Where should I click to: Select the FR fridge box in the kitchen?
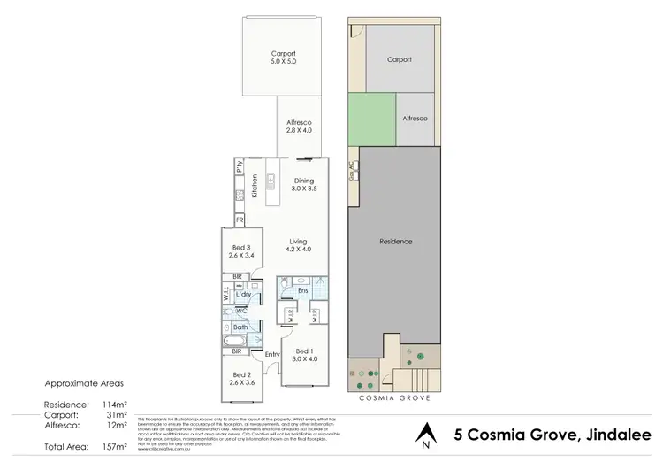(239, 220)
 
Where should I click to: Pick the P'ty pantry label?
(239, 167)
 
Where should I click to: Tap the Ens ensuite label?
(301, 289)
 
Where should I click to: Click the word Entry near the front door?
(271, 354)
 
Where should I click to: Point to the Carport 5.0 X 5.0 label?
(285, 58)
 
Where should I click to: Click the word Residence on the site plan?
(395, 242)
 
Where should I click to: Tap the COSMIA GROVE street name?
(395, 398)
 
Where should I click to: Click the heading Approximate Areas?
(82, 384)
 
